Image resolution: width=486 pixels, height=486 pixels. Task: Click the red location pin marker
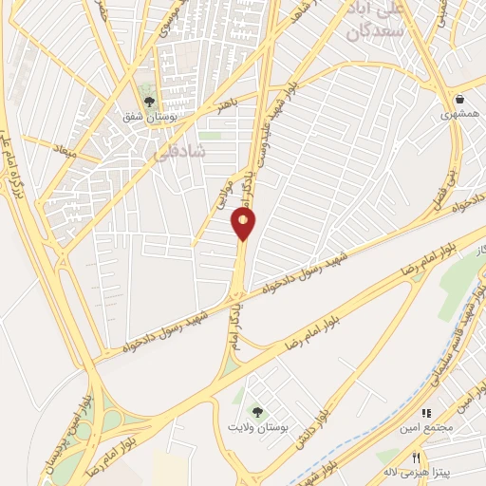pos(243,223)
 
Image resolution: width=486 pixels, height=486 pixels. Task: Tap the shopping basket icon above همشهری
pos(459,99)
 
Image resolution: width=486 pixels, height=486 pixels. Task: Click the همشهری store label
pos(459,115)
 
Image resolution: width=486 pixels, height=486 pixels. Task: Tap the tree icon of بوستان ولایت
pos(256,411)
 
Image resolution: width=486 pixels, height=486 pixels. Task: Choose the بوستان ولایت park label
pos(256,427)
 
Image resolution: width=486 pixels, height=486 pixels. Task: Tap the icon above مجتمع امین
pos(426,414)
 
